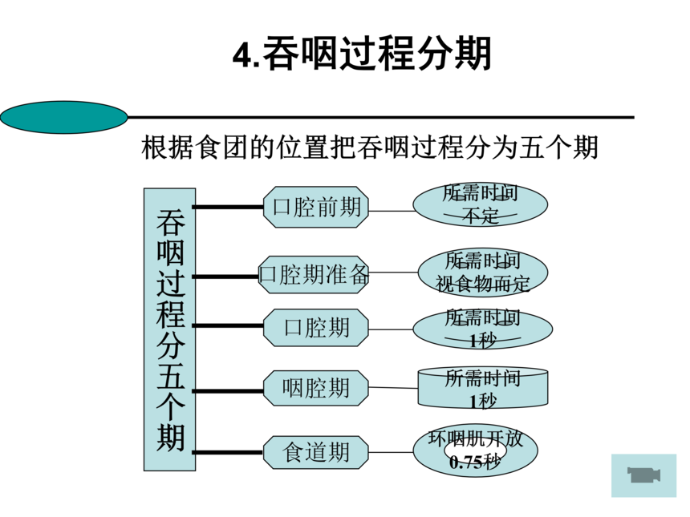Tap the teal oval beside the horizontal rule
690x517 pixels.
64,117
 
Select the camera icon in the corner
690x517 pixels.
643,475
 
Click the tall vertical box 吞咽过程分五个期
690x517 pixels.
170,329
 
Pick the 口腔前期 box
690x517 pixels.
316,208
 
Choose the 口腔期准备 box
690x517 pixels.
315,274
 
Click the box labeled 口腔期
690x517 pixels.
316,327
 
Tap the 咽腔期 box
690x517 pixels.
316,388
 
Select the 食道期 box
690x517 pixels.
316,452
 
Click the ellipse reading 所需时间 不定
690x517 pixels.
480,205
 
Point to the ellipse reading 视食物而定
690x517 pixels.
482,273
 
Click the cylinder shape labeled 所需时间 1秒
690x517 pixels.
482,388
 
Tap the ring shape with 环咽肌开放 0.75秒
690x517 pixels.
476,451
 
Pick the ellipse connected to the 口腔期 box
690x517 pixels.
482,329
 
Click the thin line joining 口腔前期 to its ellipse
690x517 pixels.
391,211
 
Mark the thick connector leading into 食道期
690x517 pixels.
229,452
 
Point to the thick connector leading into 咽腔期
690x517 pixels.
229,390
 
